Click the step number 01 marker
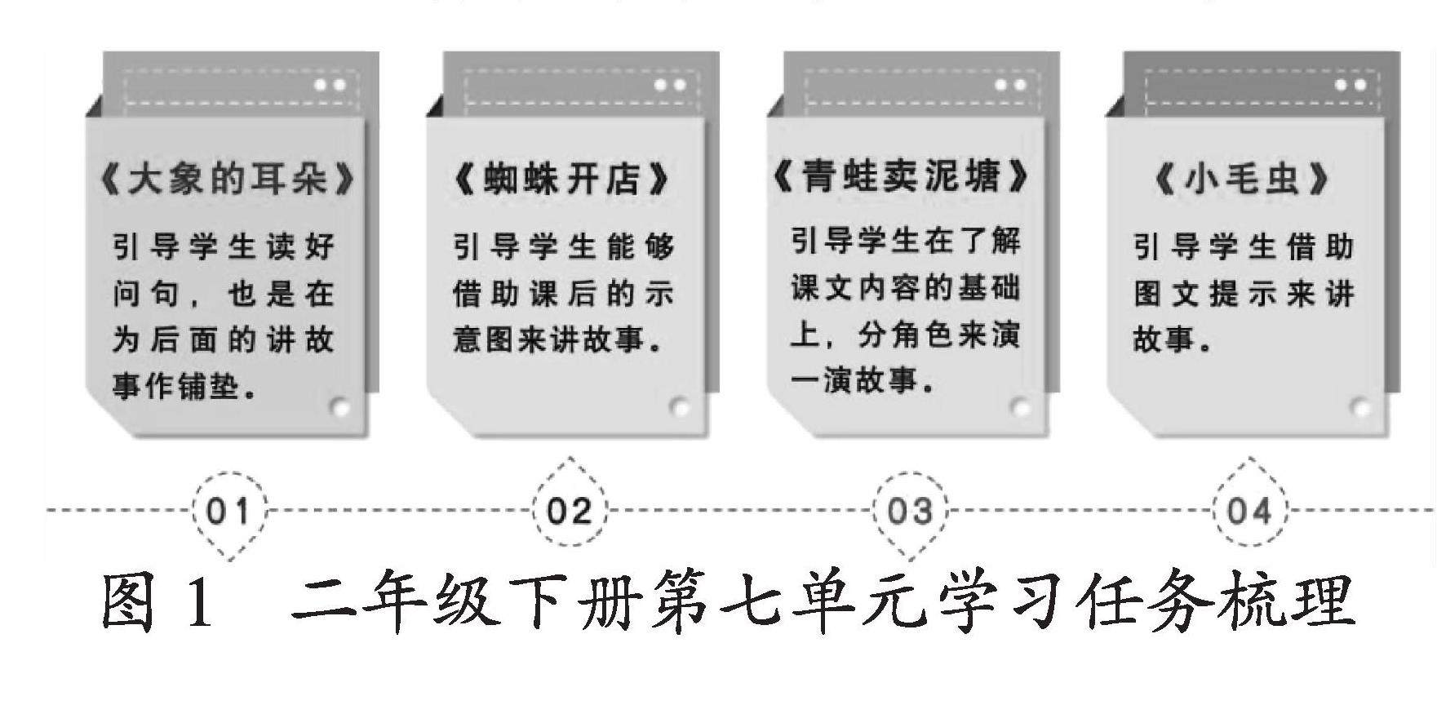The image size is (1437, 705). pos(228,512)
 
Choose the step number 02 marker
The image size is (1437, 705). pos(569,512)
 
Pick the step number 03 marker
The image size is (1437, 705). pos(909,512)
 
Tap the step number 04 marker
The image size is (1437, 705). pos(1249,512)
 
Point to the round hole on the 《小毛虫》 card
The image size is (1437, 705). pos(1360,406)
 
